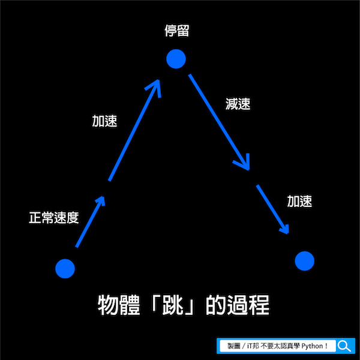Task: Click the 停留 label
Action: pyautogui.click(x=177, y=31)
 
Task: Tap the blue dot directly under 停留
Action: pyautogui.click(x=176, y=59)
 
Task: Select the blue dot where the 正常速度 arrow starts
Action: pyautogui.click(x=65, y=268)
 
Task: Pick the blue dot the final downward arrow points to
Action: pyautogui.click(x=305, y=260)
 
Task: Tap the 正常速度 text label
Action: pyautogui.click(x=54, y=217)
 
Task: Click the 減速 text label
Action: pyautogui.click(x=238, y=103)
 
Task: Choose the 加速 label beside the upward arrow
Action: pyautogui.click(x=104, y=121)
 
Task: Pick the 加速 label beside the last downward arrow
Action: pyautogui.click(x=299, y=202)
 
